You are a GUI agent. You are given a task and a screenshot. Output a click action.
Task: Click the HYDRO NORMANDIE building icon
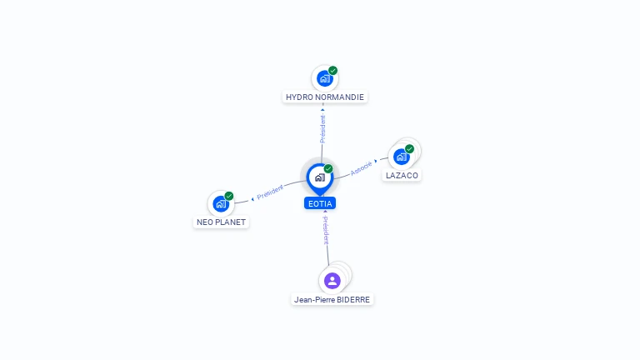point(325,78)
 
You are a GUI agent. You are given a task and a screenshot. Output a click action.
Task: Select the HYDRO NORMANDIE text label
point(325,97)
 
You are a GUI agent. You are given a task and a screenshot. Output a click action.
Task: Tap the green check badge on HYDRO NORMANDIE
point(333,71)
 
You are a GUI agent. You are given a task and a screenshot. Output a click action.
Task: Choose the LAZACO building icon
point(402,157)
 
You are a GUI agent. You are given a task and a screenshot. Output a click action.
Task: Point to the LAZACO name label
point(402,176)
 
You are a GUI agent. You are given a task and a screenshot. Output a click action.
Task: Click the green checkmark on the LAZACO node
point(409,149)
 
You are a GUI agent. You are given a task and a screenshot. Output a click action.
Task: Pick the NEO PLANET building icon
point(221,203)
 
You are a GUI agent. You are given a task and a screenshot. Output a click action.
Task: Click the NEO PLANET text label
point(221,222)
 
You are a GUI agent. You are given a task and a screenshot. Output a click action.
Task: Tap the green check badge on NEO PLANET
point(229,196)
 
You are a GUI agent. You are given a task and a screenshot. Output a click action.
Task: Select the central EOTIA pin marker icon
point(320,179)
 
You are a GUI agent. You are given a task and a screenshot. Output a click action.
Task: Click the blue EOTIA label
point(320,203)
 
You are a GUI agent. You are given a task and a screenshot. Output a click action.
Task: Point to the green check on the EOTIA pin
point(328,168)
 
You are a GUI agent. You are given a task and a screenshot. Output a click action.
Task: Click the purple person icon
point(332,281)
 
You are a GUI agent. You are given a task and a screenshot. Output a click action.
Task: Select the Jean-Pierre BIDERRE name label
point(332,300)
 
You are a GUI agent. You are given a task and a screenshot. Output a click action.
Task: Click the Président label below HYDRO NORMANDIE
point(322,128)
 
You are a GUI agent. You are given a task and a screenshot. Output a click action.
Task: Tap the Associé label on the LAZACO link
point(361,168)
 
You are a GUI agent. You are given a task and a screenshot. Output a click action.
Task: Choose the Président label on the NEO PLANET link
point(270,192)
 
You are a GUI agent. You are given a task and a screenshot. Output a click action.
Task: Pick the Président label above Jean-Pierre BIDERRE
point(326,231)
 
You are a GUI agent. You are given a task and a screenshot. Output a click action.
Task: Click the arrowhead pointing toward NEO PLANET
point(252,199)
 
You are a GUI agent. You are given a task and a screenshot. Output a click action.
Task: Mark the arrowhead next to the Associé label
point(376,161)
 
